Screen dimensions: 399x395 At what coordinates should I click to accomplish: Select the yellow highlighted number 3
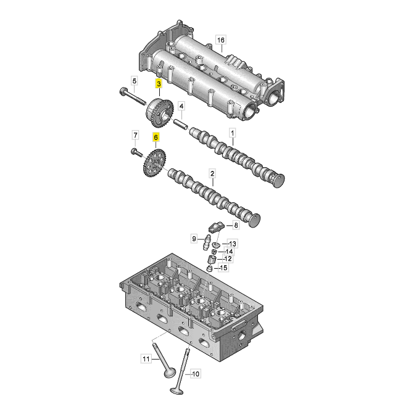click(159, 83)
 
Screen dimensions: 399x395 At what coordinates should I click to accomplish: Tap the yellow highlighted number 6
click(156, 138)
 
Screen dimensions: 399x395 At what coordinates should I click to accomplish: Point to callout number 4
click(181, 106)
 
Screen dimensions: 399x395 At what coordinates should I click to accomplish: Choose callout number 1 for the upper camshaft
click(233, 133)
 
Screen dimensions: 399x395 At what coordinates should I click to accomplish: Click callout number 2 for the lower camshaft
click(212, 175)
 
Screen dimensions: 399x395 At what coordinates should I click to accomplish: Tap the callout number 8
click(235, 226)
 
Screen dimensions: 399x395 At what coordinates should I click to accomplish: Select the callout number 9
click(194, 239)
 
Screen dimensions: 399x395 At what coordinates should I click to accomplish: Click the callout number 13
click(233, 244)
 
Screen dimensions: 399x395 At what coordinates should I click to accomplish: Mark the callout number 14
click(229, 251)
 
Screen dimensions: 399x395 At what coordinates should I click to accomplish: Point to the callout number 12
click(228, 258)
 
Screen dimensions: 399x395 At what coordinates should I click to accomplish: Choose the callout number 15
click(223, 268)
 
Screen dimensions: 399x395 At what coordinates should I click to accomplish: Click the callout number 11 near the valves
click(146, 358)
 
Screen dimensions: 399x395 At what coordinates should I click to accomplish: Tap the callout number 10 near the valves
click(196, 373)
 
